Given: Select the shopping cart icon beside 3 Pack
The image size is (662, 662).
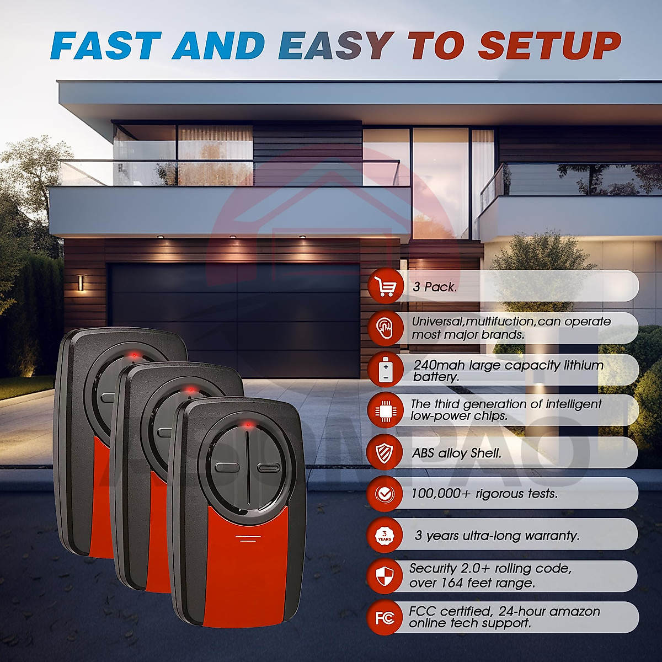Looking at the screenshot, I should [386, 286].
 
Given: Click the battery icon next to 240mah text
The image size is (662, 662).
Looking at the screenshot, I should [386, 370].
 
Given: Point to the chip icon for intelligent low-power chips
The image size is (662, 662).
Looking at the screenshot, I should [385, 410].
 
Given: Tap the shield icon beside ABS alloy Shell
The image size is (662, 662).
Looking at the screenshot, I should [385, 452].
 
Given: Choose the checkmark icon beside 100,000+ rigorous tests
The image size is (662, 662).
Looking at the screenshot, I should [385, 493].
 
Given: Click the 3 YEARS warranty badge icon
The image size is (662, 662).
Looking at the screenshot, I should [385, 535].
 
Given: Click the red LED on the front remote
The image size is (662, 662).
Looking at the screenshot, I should [247, 424].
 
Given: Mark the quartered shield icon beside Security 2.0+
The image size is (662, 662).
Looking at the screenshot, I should [385, 576].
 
